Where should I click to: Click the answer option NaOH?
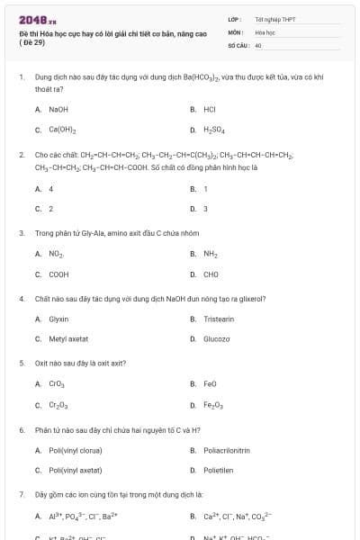pyautogui.click(x=58, y=109)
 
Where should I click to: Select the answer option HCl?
pyautogui.click(x=209, y=109)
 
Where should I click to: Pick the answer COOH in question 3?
pyautogui.click(x=58, y=274)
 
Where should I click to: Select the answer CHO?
pyautogui.click(x=211, y=274)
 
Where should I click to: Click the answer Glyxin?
pyautogui.click(x=58, y=319)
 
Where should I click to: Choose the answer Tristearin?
pyautogui.click(x=218, y=319)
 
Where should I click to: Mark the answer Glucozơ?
pyautogui.click(x=217, y=338)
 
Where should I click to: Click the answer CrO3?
pyautogui.click(x=57, y=383)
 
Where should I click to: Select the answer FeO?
pyautogui.click(x=210, y=383)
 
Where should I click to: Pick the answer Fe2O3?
pyautogui.click(x=212, y=404)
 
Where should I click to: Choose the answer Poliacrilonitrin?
pyautogui.click(x=226, y=450)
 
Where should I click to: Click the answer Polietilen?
pyautogui.click(x=218, y=470)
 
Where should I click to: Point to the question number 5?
pyautogui.click(x=22, y=363)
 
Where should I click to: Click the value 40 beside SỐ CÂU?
pyautogui.click(x=258, y=44)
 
